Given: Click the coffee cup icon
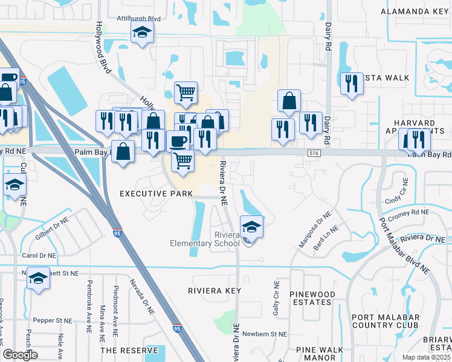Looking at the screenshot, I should (177, 141).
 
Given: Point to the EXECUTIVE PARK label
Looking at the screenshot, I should (156, 194).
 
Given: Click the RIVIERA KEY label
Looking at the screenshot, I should (214, 291).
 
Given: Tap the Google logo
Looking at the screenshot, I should (20, 355).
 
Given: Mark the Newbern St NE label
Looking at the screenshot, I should (264, 334).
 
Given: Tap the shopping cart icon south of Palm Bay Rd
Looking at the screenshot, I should (182, 160).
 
